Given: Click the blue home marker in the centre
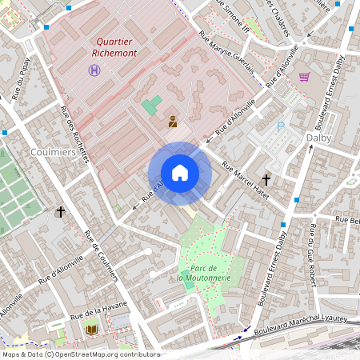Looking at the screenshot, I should (x=180, y=173).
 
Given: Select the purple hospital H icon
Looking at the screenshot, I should (x=94, y=70).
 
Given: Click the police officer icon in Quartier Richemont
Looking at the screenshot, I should (x=172, y=122).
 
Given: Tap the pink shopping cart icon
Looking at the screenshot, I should (x=304, y=77).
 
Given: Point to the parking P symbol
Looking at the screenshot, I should (x=280, y=126).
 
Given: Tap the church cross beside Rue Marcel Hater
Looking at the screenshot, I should (x=266, y=180).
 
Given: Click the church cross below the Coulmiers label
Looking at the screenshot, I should (x=60, y=212).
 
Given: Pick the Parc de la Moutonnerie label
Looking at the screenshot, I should (x=204, y=273).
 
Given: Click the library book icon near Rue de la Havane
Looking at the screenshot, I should (x=91, y=329).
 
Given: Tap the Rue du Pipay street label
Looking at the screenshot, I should (x=22, y=76).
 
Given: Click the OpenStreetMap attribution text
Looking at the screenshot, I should (x=80, y=354).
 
